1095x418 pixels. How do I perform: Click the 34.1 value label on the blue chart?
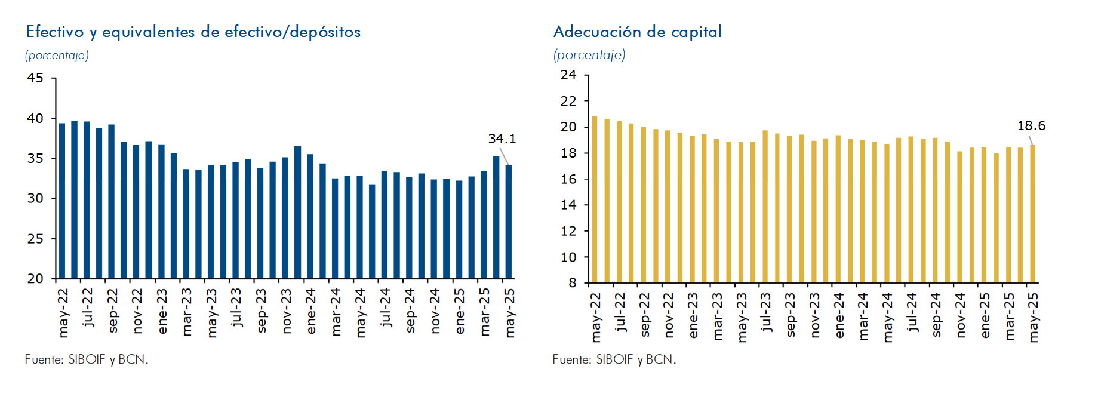[x=502, y=139]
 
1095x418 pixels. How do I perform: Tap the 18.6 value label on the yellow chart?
[x=1031, y=125]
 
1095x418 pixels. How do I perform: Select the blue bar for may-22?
[x=62, y=201]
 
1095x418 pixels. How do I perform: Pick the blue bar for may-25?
[x=509, y=222]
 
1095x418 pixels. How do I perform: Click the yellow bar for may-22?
[x=595, y=199]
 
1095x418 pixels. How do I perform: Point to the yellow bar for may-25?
[x=1032, y=214]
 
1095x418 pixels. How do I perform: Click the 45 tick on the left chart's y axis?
[x=35, y=78]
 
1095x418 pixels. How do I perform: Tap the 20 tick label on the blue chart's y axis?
[x=35, y=278]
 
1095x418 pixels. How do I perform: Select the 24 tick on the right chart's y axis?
[x=568, y=75]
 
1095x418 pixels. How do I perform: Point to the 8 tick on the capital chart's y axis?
[x=573, y=282]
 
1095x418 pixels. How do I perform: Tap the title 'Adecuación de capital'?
[x=637, y=32]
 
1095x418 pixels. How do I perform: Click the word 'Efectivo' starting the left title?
[x=54, y=32]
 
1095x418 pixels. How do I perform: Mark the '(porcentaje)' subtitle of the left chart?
[x=57, y=56]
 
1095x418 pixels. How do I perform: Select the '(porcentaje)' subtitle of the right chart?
[x=589, y=55]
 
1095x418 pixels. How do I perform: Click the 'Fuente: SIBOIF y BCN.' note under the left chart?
[x=87, y=359]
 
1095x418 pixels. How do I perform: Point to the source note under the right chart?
[x=614, y=359]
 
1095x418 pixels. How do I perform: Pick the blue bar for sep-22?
[x=112, y=202]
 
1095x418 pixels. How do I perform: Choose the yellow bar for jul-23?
[x=765, y=207]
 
